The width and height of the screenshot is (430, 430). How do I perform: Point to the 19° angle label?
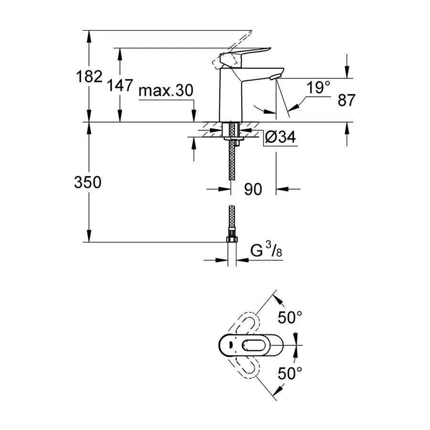point(319,87)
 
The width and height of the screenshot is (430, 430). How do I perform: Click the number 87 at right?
point(347,100)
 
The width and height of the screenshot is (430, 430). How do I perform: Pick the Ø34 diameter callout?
point(280,138)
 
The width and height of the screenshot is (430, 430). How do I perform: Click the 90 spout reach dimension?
point(253,190)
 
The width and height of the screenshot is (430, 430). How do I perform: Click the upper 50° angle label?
point(290,316)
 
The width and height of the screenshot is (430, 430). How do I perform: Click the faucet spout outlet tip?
point(275,76)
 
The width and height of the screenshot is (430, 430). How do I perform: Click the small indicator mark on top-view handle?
point(229,344)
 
